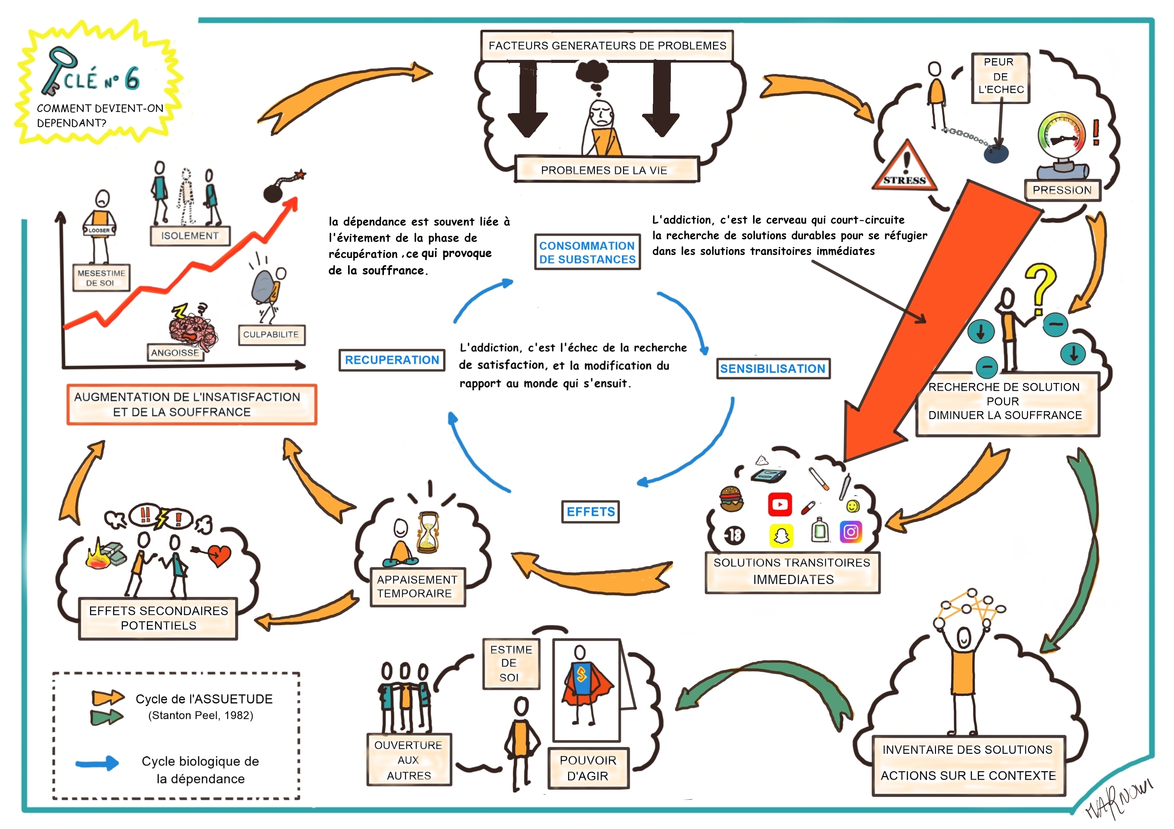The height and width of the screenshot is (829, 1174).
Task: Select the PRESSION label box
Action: click(x=1062, y=190)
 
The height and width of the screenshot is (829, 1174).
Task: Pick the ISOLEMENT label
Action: click(x=190, y=236)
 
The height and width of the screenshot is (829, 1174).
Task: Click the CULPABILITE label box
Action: click(x=271, y=335)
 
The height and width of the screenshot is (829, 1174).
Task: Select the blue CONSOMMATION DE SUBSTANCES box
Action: click(x=587, y=253)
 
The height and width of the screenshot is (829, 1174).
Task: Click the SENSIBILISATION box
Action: click(x=773, y=369)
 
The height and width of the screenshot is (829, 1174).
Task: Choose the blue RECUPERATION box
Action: click(x=392, y=360)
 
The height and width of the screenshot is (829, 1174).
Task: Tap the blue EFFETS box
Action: click(x=591, y=512)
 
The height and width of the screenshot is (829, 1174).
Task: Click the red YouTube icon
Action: click(x=780, y=504)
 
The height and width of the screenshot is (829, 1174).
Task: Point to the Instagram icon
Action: click(x=851, y=532)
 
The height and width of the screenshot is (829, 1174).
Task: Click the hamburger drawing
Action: click(x=731, y=498)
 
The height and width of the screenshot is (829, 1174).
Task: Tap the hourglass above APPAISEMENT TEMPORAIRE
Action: click(x=427, y=533)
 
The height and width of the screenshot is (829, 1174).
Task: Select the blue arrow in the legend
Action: click(x=97, y=763)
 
